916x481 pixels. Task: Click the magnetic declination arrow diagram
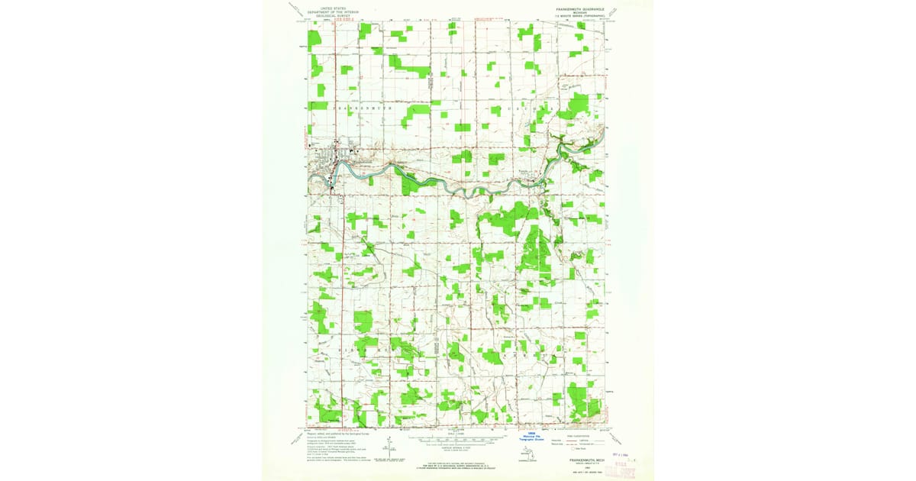pyautogui.click(x=391, y=447)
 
